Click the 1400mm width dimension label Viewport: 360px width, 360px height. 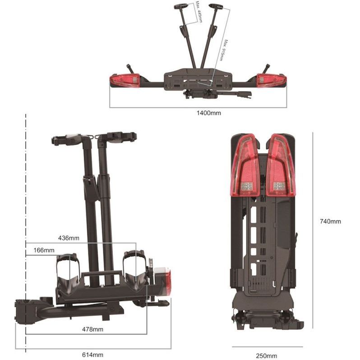pyautogui.click(x=209, y=113)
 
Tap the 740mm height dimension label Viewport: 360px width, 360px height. pyautogui.click(x=330, y=222)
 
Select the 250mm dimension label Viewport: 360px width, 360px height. pyautogui.click(x=267, y=356)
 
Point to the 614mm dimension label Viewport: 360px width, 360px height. pyautogui.click(x=92, y=355)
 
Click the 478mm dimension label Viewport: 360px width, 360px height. pyautogui.click(x=92, y=329)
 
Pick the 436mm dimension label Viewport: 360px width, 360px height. pyautogui.click(x=69, y=238)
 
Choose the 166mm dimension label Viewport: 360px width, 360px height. pyautogui.click(x=44, y=250)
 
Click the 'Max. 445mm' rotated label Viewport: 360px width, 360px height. pyautogui.click(x=199, y=12)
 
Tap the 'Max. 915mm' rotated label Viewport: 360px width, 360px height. pyautogui.click(x=223, y=50)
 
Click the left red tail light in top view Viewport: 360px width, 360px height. pyautogui.click(x=125, y=81)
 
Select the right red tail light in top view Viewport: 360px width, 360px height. pyautogui.click(x=272, y=81)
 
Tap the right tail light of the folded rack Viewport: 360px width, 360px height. pyautogui.click(x=281, y=165)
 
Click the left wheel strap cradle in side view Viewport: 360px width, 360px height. pyautogui.click(x=69, y=273)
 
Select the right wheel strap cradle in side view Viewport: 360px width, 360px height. pyautogui.click(x=135, y=271)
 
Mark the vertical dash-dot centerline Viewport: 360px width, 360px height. pyautogui.click(x=26, y=233)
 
